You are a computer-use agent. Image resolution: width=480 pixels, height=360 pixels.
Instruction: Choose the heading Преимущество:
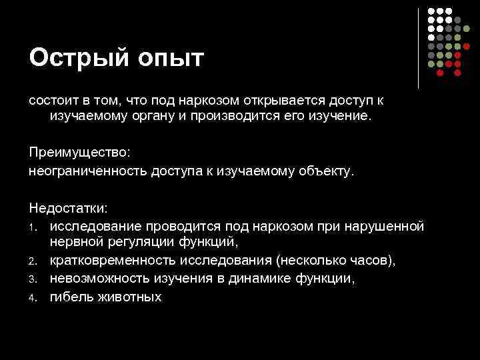[80, 153]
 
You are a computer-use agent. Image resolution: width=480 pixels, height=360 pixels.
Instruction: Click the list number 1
[31, 227]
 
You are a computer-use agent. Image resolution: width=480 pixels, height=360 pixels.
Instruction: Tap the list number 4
[31, 297]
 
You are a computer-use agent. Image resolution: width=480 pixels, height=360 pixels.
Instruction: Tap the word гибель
[71, 296]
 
